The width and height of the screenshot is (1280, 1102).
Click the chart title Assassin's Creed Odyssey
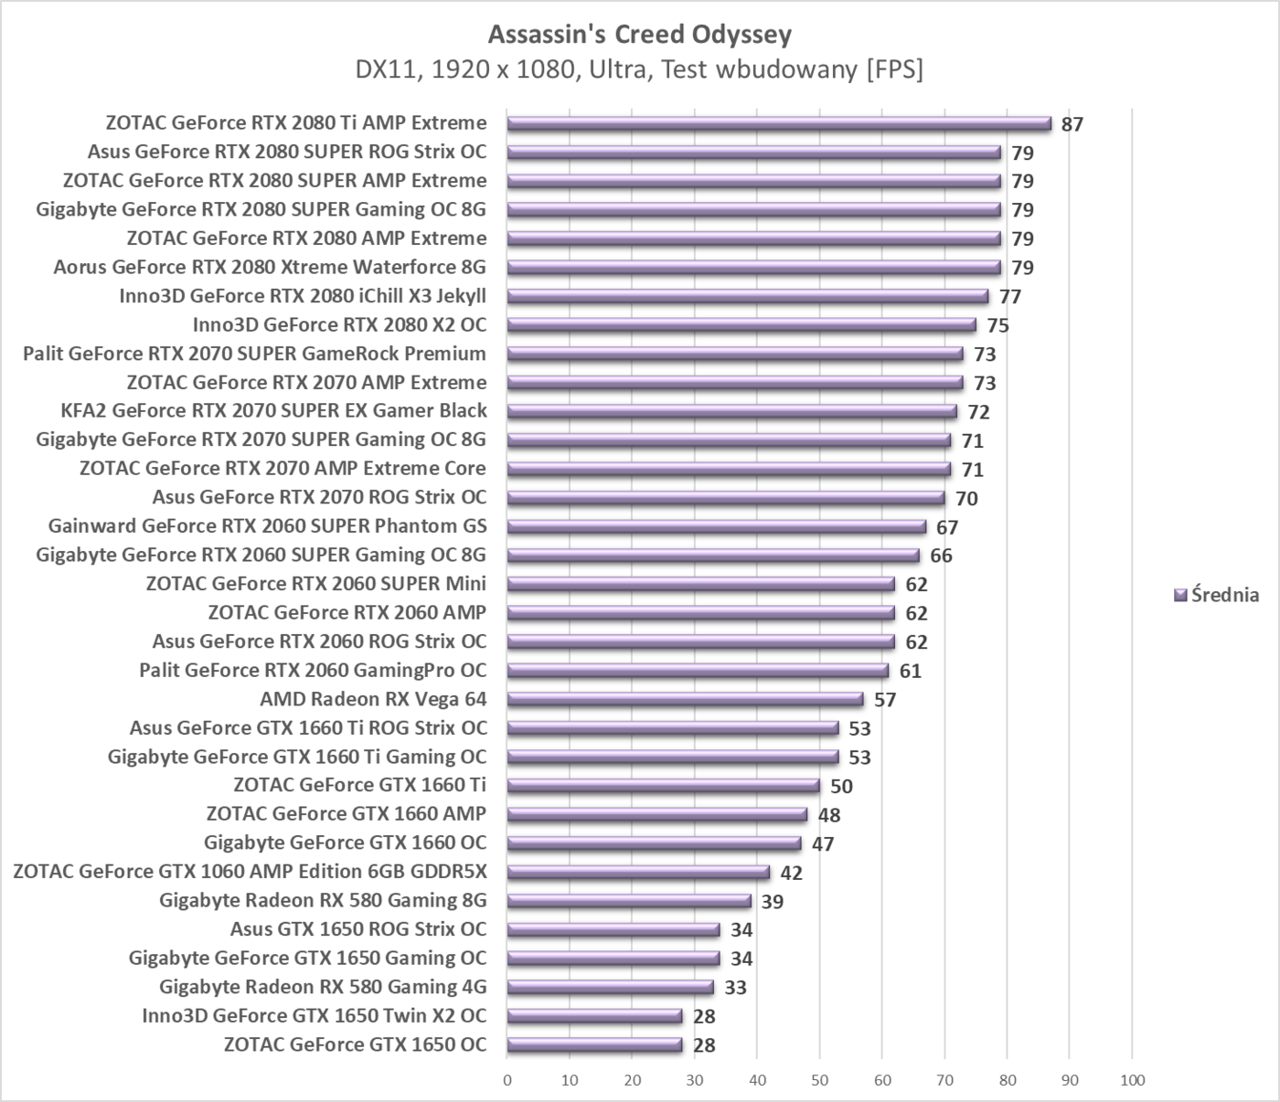[639, 35]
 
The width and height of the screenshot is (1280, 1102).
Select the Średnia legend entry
[1216, 595]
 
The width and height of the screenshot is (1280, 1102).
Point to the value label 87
[1072, 124]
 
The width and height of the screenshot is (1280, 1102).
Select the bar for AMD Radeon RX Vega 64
[685, 699]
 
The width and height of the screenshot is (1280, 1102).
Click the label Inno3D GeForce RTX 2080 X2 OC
[339, 324]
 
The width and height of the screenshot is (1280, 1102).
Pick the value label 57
[885, 700]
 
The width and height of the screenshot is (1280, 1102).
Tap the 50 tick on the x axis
[820, 1080]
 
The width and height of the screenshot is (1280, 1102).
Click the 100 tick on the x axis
[1132, 1080]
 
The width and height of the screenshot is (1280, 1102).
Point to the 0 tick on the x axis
[507, 1080]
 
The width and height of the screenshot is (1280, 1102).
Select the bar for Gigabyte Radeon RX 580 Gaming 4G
[610, 987]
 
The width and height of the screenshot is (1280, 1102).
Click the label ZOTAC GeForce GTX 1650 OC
[355, 1044]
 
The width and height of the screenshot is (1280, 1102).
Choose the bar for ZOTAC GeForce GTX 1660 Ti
[663, 786]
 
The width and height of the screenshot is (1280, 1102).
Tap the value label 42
[791, 873]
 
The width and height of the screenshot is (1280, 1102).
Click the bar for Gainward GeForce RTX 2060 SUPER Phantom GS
[716, 526]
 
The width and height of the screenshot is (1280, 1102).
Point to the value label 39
[773, 902]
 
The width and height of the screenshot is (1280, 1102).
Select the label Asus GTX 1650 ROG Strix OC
[358, 929]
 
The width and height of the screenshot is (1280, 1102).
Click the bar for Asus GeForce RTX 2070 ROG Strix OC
[726, 498]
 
